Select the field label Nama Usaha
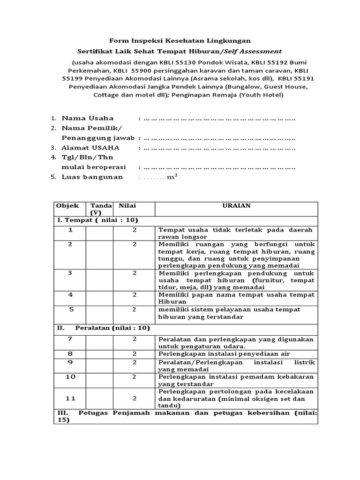tap(88, 118)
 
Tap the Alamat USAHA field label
tap(90, 148)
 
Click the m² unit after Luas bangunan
tap(172, 177)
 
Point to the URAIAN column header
tap(236, 206)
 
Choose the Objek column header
tap(67, 206)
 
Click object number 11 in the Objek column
tap(70, 398)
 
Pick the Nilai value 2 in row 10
tap(134, 376)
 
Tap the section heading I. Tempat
tap(97, 220)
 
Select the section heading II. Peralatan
tap(103, 328)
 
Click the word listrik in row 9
tap(305, 362)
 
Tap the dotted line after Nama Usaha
tap(219, 119)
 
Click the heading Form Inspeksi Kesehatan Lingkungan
tap(180, 41)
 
